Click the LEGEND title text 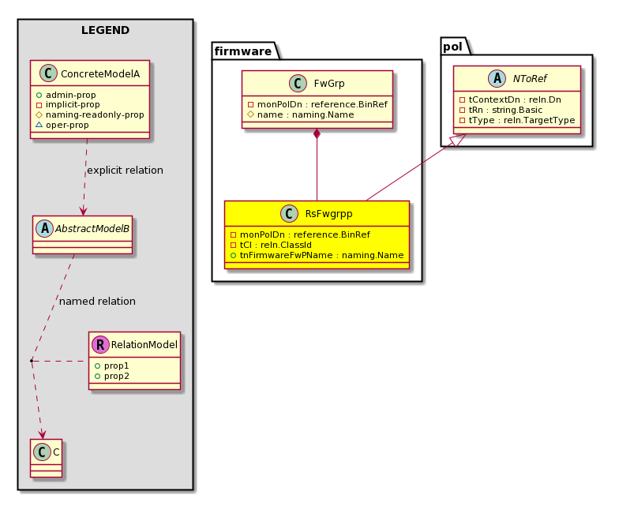click(106, 30)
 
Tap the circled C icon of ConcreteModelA click(49, 73)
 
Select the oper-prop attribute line click(62, 125)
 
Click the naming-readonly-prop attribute click(90, 115)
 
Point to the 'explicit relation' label click(125, 171)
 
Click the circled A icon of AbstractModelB click(44, 229)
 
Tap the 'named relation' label click(98, 302)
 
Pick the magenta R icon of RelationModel click(101, 344)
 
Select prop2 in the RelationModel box click(112, 376)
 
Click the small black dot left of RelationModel click(32, 361)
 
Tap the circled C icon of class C click(43, 452)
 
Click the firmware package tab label click(243, 51)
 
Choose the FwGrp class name click(329, 84)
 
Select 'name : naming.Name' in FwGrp click(302, 115)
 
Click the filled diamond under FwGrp click(317, 133)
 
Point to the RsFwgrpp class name click(328, 213)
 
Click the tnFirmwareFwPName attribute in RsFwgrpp click(317, 256)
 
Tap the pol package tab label click(453, 47)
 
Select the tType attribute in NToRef click(517, 120)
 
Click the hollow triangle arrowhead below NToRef click(460, 140)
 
